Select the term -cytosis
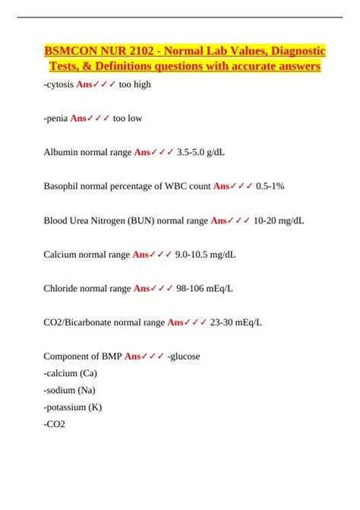pyautogui.click(x=58, y=84)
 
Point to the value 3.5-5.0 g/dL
pyautogui.click(x=201, y=152)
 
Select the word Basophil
pyautogui.click(x=63, y=186)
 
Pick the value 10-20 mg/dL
pyautogui.click(x=278, y=220)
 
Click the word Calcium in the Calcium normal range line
pyautogui.click(x=62, y=255)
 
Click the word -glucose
pyautogui.click(x=185, y=356)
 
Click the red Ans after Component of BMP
pyautogui.click(x=134, y=356)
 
